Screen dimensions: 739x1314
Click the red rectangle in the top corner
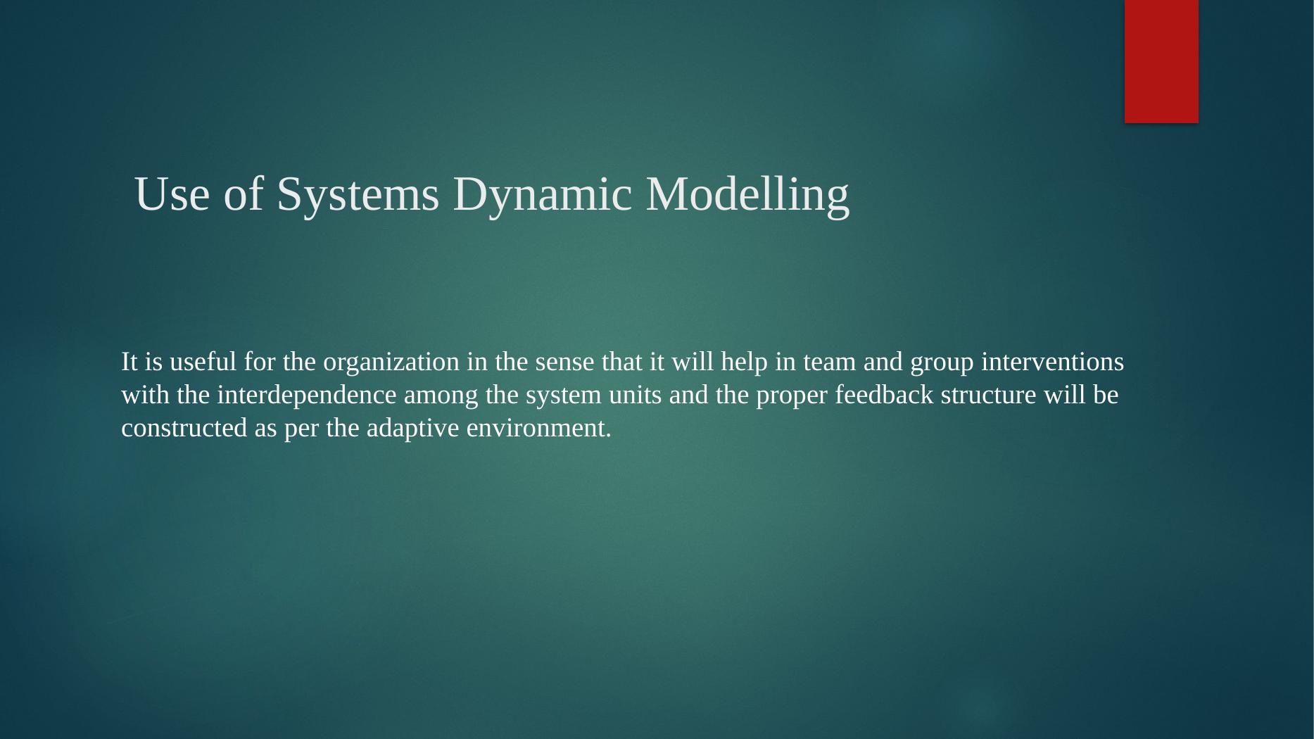click(1161, 61)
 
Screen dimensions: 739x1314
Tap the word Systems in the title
click(358, 194)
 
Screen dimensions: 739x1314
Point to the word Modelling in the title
click(747, 195)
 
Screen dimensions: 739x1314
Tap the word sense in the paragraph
click(560, 362)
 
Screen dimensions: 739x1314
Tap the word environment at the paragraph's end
click(538, 428)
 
